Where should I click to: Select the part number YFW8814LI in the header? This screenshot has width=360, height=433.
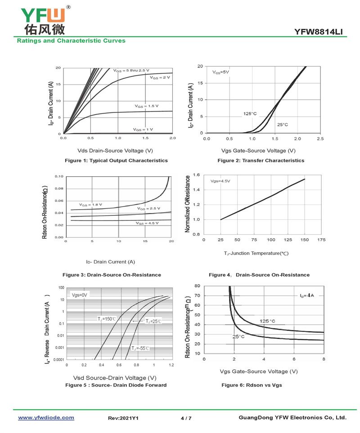pos(320,31)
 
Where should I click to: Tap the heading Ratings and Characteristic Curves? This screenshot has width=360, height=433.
pos(71,41)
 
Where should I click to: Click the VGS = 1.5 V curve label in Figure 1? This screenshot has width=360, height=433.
pos(147,106)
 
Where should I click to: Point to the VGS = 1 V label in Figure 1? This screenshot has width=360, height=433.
pos(143,129)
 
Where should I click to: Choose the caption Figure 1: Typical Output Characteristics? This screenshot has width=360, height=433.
pos(116,161)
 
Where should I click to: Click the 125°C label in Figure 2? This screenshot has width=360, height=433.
pos(250,114)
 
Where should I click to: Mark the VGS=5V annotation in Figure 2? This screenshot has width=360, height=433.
pos(221,72)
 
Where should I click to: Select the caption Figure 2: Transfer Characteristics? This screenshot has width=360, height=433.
pos(261,161)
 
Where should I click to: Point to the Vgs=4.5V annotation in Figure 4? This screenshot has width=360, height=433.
pos(220,181)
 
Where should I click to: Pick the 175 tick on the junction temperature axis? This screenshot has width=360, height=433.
pos(321,240)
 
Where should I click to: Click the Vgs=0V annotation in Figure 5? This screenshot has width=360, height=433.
pos(79,295)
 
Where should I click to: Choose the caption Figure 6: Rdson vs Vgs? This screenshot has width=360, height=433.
pos(252,385)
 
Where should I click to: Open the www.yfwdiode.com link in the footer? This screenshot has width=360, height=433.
pos(46,418)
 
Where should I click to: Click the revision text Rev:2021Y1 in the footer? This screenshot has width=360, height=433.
pos(123,419)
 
